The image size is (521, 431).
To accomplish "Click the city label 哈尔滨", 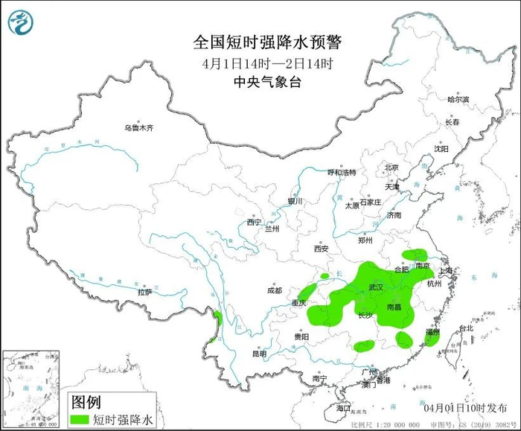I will pyautogui.click(x=458, y=99).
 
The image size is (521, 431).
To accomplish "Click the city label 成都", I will pyautogui.click(x=274, y=290).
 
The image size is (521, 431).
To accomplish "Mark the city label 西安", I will pyautogui.click(x=321, y=249).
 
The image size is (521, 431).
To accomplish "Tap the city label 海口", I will pyautogui.click(x=343, y=409).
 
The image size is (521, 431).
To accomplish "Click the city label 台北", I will pyautogui.click(x=465, y=328).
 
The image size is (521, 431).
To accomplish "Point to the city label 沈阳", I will pyautogui.click(x=441, y=149).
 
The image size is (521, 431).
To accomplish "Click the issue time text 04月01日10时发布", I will pyautogui.click(x=462, y=408).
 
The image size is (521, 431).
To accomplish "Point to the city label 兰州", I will pyautogui.click(x=272, y=229).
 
